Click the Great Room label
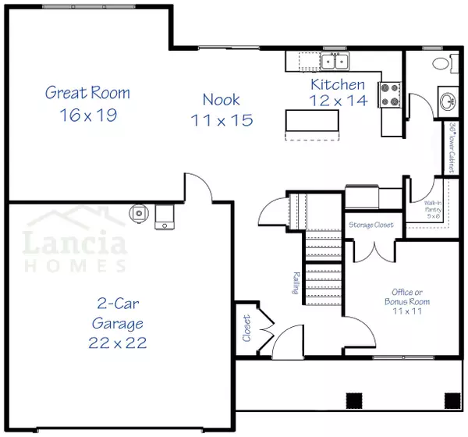[x=87, y=93]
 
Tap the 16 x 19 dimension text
[x=87, y=115]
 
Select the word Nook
[x=221, y=99]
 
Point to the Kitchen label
[x=337, y=84]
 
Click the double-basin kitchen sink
[x=336, y=61]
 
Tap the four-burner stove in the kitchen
[x=390, y=94]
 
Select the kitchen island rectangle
[x=312, y=122]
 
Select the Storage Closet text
[x=371, y=225]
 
